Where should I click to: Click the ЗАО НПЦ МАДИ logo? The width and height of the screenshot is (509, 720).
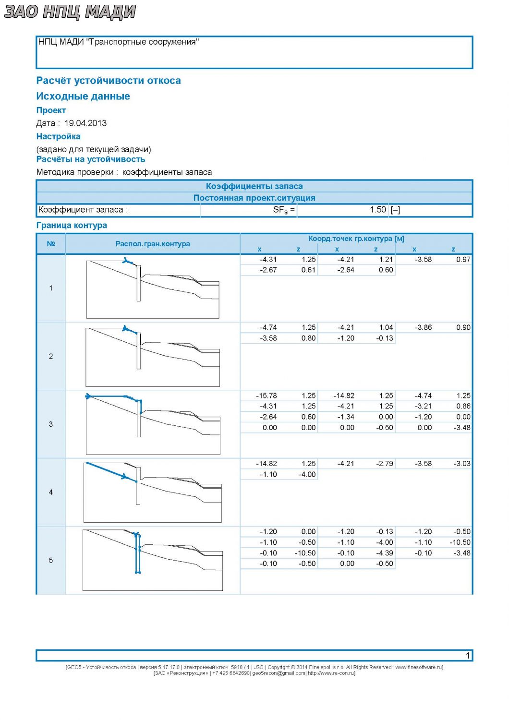click(70, 12)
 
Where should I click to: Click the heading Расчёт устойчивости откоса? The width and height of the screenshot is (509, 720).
click(109, 80)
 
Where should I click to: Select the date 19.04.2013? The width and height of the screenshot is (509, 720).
click(85, 123)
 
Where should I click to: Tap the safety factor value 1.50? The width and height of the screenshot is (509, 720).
click(377, 210)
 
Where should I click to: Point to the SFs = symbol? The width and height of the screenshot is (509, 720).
click(284, 210)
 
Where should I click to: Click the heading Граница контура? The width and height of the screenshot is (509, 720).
click(72, 225)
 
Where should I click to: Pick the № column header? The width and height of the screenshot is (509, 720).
click(51, 244)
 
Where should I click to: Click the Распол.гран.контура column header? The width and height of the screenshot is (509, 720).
click(153, 244)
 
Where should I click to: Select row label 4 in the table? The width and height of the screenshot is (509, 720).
click(51, 492)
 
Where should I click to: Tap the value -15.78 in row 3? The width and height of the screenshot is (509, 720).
click(266, 396)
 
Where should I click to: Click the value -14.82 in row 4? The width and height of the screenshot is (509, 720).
click(266, 464)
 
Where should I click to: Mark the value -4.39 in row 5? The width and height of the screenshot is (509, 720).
click(384, 553)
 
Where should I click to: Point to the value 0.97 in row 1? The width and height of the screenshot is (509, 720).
click(463, 259)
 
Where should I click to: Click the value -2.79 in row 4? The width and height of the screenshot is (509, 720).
click(384, 464)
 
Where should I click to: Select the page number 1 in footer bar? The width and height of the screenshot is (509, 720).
click(468, 655)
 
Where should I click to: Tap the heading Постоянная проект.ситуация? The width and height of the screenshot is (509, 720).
click(254, 198)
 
